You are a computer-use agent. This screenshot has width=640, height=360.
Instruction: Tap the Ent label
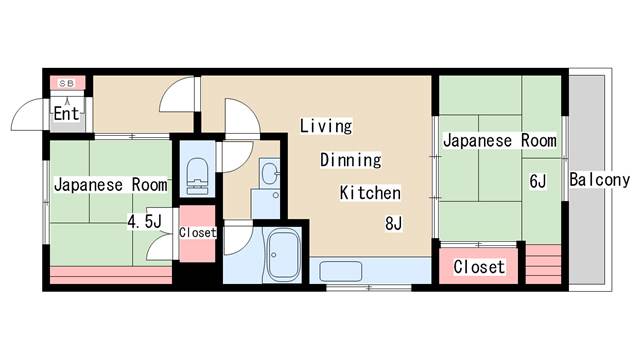[67, 113]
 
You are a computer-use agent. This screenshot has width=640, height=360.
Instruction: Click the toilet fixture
[196, 172]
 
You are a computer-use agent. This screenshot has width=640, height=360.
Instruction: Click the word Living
[326, 125]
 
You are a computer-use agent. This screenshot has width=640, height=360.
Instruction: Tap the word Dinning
[350, 160]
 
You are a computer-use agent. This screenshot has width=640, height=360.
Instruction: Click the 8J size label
[393, 223]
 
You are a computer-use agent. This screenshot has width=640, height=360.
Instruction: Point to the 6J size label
[538, 181]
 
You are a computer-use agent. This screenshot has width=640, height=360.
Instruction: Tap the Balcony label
[599, 180]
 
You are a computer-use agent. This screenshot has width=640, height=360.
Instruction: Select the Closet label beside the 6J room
[479, 268]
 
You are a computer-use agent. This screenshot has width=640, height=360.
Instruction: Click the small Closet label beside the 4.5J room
[197, 232]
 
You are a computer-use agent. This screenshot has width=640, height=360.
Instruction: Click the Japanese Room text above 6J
[499, 141]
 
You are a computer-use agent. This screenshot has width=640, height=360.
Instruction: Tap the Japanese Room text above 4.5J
[110, 185]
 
